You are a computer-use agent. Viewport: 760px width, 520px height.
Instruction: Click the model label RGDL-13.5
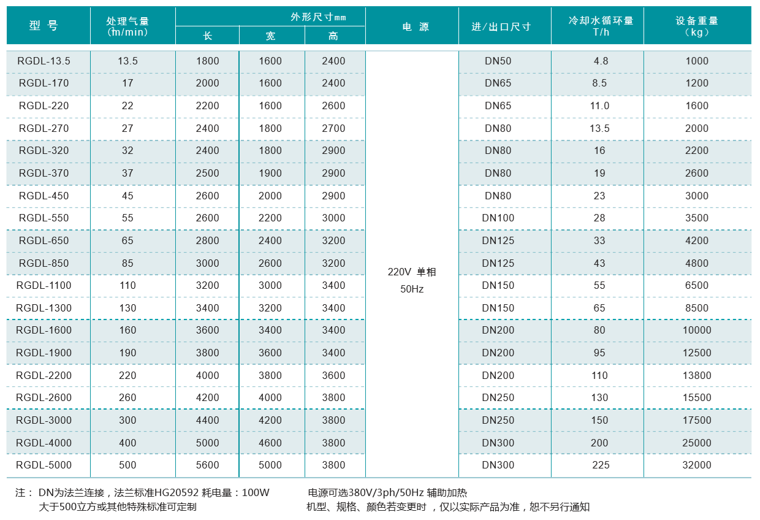(44, 61)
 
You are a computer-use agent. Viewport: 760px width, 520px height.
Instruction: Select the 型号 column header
(44, 26)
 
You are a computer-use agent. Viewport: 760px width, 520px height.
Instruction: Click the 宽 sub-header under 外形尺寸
(270, 36)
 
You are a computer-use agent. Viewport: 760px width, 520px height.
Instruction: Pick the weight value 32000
(696, 465)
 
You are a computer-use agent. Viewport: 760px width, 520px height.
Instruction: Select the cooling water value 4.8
(601, 61)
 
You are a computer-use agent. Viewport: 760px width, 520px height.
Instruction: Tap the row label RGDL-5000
(44, 465)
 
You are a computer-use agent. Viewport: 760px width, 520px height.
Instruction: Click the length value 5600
(207, 465)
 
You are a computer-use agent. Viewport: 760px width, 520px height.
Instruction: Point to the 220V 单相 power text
(411, 272)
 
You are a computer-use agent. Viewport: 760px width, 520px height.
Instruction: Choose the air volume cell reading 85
(127, 263)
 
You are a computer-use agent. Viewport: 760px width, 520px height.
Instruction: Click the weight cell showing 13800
(696, 375)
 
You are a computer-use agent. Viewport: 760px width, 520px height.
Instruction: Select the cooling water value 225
(601, 465)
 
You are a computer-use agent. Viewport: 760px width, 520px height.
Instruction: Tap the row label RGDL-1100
(44, 285)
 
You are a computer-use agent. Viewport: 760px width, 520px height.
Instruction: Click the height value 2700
(333, 128)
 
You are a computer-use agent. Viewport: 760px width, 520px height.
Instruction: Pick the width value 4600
(270, 443)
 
